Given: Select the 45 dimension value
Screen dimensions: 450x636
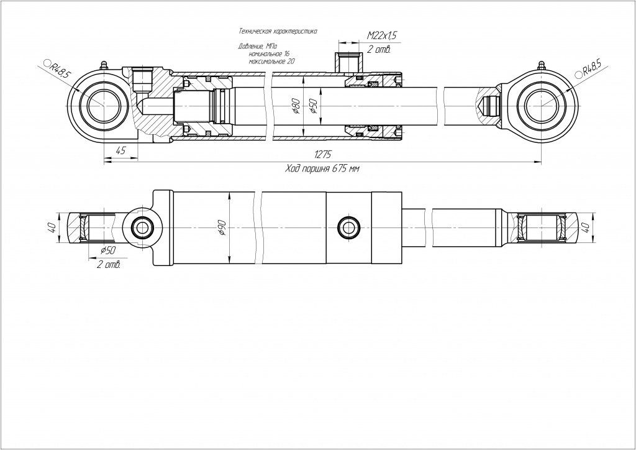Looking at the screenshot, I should click(x=120, y=150).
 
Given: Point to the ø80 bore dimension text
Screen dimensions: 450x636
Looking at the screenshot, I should click(x=296, y=107).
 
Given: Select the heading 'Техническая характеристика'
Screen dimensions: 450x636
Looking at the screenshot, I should click(x=278, y=30).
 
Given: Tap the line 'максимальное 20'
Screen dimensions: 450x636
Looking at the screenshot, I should click(x=272, y=62).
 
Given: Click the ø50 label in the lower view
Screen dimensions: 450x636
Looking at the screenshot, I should click(x=108, y=250).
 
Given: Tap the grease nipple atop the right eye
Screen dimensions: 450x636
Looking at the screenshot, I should click(x=542, y=65).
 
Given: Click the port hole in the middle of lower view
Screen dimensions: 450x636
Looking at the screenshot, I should click(x=347, y=227).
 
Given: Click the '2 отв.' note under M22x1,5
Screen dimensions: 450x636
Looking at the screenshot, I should click(x=378, y=49).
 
